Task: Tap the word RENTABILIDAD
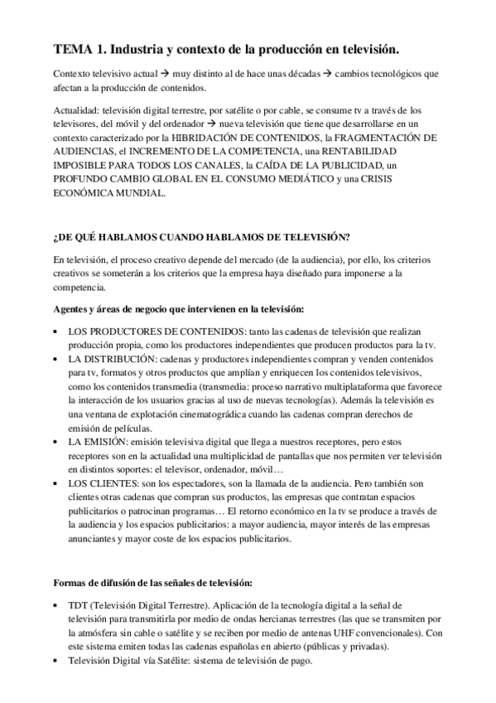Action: tap(349, 153)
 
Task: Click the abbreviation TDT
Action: tap(80, 605)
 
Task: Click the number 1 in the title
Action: tap(104, 49)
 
